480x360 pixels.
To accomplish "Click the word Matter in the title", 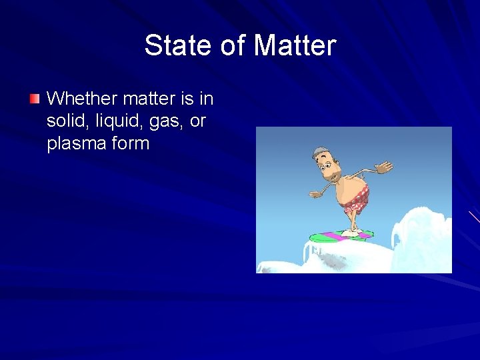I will click(295, 46).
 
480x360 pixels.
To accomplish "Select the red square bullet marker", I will click(35, 99).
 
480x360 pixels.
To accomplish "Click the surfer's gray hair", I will click(320, 152).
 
